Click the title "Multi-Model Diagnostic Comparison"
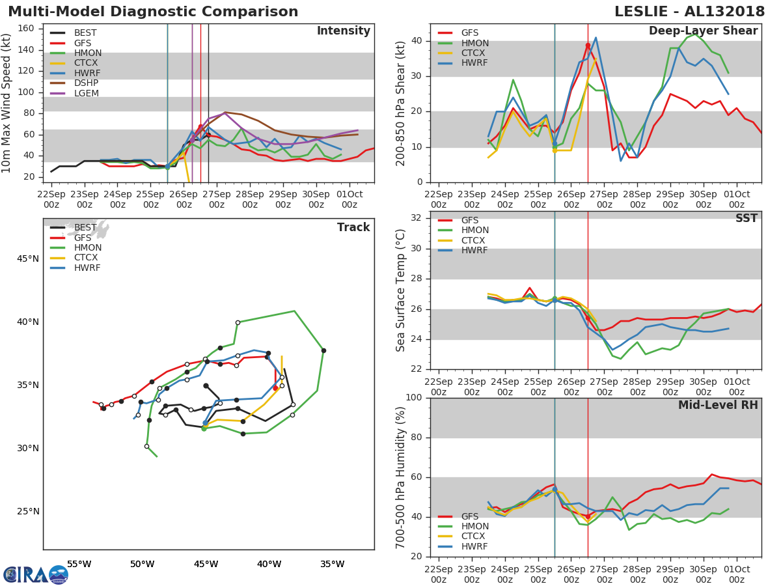[x=153, y=12]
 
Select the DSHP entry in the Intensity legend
[x=86, y=83]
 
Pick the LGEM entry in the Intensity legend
[x=87, y=93]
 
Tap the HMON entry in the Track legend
[x=87, y=247]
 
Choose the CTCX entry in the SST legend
[x=474, y=240]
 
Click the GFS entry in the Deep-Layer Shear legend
[x=469, y=33]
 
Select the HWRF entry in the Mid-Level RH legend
[x=474, y=546]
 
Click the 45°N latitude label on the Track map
[x=27, y=258]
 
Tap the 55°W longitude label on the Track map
[x=79, y=564]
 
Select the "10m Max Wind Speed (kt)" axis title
[x=7, y=103]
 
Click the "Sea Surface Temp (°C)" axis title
[x=402, y=290]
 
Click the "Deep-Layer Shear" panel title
[x=703, y=31]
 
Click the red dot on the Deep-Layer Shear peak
[x=588, y=46]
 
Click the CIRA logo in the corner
[x=36, y=574]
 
